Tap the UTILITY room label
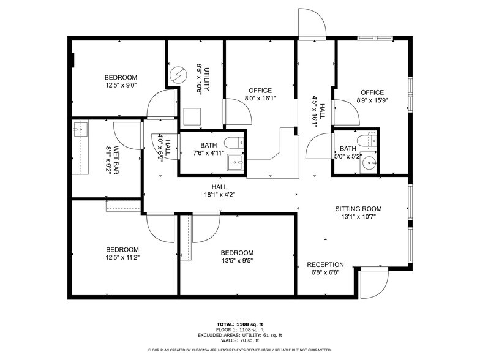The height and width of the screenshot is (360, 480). pos(208,78)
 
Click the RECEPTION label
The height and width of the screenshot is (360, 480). pos(325,264)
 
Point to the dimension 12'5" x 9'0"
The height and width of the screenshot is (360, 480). pos(121,86)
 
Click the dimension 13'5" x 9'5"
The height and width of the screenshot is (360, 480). pos(237,261)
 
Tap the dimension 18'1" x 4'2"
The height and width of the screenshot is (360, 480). pos(219,195)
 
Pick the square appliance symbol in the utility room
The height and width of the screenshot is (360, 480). pos(192,116)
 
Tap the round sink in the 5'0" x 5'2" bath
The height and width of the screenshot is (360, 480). pos(369,163)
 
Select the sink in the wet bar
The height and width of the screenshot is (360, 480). pos(80,128)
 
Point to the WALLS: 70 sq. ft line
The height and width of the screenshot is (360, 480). pos(240,340)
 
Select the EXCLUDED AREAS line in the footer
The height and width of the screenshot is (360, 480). pos(240,334)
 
